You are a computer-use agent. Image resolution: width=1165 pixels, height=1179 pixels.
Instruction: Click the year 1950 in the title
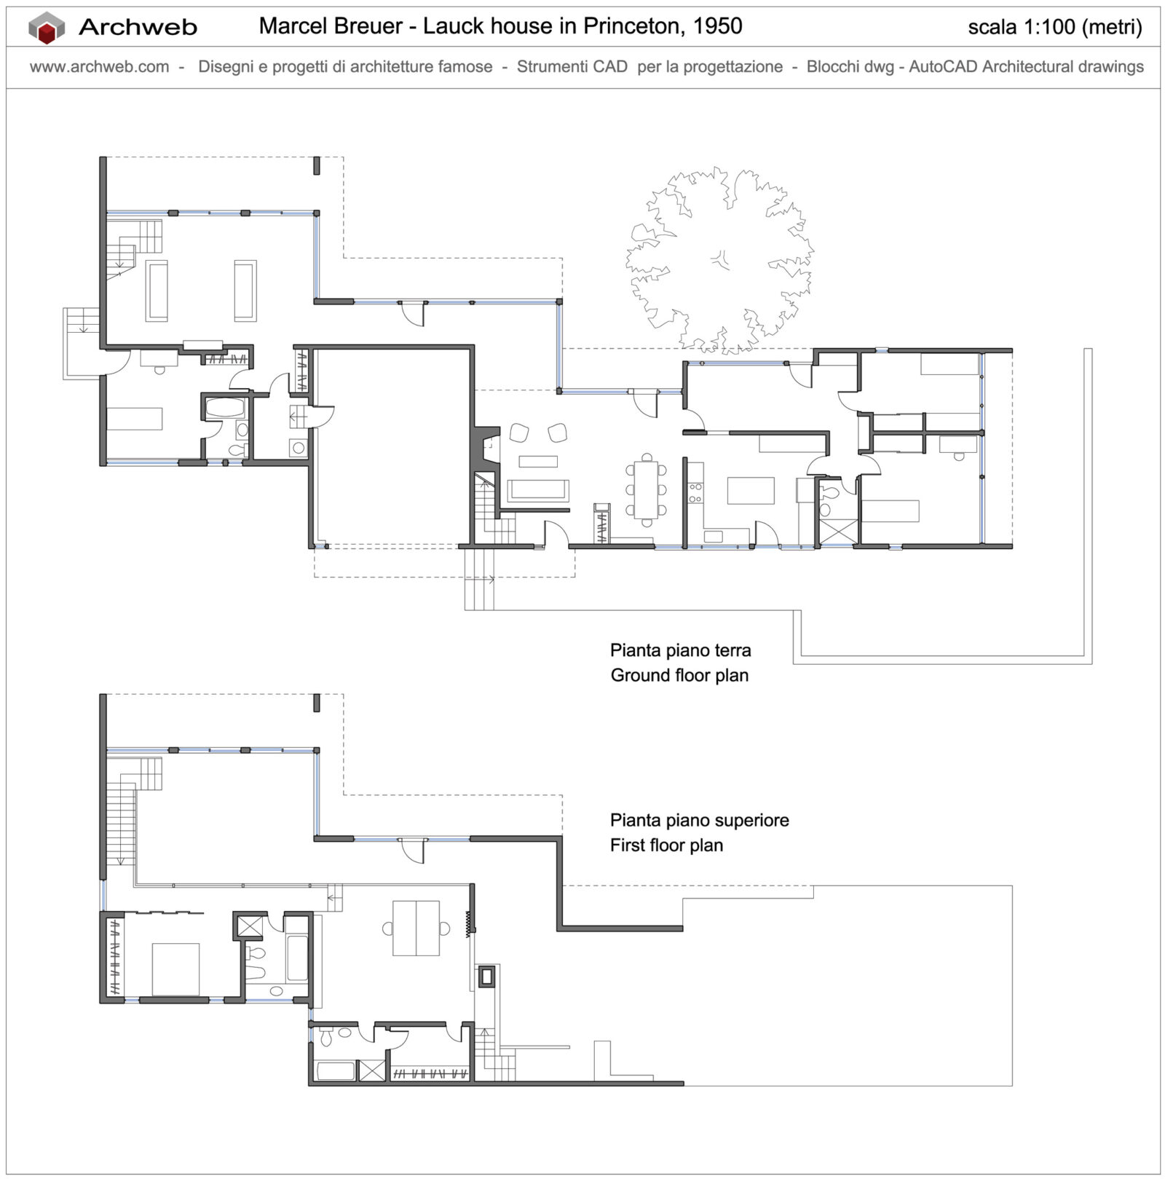tap(717, 26)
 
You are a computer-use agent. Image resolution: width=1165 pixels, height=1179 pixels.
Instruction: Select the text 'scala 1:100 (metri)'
tap(1054, 27)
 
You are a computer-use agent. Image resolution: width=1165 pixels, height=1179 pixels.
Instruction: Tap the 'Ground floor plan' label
tap(679, 675)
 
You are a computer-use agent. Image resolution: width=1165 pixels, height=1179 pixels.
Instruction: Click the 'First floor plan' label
tap(666, 845)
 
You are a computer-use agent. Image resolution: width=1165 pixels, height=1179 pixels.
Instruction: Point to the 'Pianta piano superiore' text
tap(699, 821)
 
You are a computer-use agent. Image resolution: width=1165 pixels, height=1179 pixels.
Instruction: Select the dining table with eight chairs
tap(645, 489)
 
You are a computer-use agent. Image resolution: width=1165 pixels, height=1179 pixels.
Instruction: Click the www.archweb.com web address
tap(99, 67)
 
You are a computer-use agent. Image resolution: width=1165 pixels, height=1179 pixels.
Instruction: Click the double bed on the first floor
tap(175, 969)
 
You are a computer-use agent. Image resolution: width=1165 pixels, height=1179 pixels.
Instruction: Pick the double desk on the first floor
tap(416, 928)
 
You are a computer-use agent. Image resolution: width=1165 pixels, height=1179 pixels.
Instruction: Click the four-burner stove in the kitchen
tap(695, 492)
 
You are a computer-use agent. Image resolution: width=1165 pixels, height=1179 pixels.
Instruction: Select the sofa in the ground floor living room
tap(538, 490)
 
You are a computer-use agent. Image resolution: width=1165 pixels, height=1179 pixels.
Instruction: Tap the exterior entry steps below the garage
tap(479, 579)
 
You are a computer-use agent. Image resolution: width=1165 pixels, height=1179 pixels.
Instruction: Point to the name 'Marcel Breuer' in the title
tap(331, 26)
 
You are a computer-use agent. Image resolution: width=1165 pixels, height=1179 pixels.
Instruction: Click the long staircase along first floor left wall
tap(121, 823)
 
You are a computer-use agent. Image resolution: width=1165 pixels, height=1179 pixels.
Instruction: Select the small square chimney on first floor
tap(486, 976)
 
